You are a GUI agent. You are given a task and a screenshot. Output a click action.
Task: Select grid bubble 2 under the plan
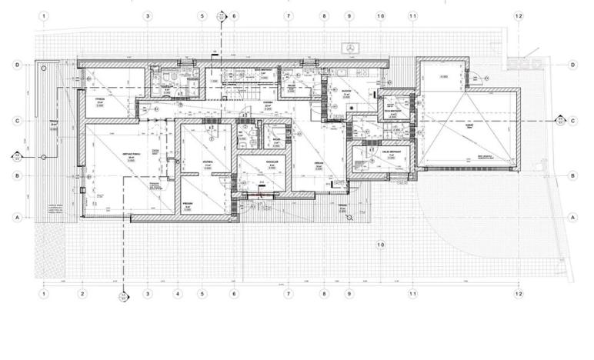click(x=82, y=293)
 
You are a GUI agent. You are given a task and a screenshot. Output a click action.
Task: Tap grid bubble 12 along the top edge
click(x=519, y=15)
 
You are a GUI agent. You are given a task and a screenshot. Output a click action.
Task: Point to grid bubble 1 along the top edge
click(x=45, y=15)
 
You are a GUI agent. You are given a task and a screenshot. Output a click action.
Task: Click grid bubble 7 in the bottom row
click(x=289, y=293)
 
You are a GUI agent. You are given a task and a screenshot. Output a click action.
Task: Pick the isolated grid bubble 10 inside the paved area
click(x=379, y=245)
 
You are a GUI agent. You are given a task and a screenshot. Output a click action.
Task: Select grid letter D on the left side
click(x=17, y=65)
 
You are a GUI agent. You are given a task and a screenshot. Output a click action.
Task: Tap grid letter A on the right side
click(x=573, y=218)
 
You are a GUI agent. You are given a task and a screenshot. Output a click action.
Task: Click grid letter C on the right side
click(x=573, y=121)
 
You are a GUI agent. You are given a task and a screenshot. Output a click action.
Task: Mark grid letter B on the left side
click(x=17, y=176)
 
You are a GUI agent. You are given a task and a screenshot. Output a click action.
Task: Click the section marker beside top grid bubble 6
click(x=222, y=15)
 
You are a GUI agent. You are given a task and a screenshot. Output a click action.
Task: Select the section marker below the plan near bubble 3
click(x=122, y=295)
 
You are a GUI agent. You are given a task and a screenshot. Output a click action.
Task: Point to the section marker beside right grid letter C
click(x=560, y=121)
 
